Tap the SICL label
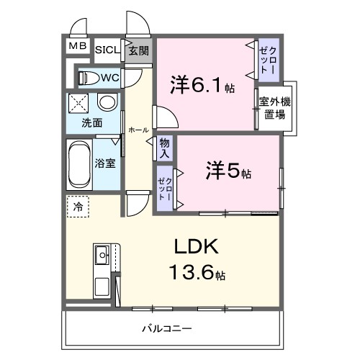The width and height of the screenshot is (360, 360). coord(107,50)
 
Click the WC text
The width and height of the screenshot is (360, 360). coord(109,77)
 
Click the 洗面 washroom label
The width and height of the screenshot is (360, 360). coord(91,122)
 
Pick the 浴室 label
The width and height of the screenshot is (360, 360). coord(106,163)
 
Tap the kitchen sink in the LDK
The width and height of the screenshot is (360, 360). coord(102,253)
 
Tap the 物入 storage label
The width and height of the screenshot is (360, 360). coord(165,149)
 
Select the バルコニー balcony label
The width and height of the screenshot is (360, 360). coord(166,329)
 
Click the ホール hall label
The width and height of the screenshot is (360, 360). coord(138,130)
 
